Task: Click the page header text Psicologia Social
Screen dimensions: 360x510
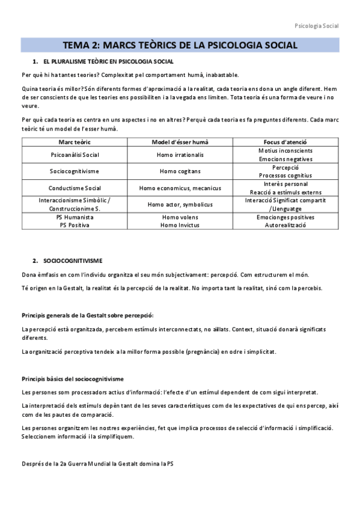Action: point(317,26)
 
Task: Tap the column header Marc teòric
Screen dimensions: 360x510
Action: point(75,141)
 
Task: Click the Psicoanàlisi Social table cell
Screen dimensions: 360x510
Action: point(75,155)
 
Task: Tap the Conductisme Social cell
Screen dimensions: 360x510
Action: point(75,188)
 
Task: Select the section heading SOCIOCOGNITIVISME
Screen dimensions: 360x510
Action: point(73,260)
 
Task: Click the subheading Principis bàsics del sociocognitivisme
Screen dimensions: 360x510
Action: point(72,379)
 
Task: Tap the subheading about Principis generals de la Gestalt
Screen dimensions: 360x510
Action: point(87,315)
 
